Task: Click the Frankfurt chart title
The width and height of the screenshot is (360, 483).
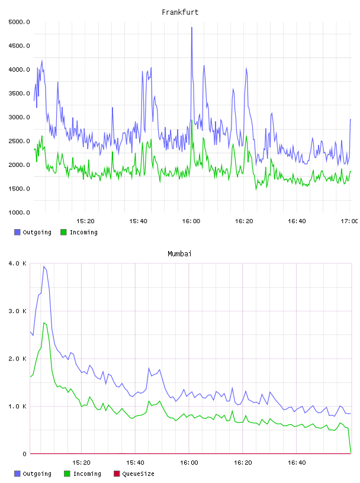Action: pos(180,12)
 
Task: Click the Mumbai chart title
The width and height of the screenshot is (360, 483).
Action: pos(179,254)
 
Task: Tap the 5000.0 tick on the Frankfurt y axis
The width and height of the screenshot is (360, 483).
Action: pos(19,22)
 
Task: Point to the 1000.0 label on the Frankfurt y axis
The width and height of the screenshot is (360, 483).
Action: pos(19,212)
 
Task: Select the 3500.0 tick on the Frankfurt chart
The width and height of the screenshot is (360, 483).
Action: pos(19,94)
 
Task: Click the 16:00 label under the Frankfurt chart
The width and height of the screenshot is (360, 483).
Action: pos(191,221)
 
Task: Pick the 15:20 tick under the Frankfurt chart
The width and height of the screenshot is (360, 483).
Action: pos(85,221)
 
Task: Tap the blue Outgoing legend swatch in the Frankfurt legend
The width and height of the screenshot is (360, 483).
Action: pos(17,232)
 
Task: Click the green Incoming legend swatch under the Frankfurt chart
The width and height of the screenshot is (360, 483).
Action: pos(63,232)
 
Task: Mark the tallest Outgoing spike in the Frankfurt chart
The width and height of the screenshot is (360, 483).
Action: pos(192,27)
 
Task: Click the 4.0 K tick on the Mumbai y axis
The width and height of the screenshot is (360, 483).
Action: pos(18,263)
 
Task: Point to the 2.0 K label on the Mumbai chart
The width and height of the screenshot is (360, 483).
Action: pos(18,359)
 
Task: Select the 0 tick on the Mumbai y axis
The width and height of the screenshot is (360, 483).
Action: pos(24,454)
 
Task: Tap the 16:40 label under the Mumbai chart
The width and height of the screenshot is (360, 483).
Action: pos(297,463)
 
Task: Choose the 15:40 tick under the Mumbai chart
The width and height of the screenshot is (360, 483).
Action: pos(135,463)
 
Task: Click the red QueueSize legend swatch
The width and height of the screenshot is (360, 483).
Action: pos(117,474)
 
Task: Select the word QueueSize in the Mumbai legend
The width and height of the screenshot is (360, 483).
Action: pos(138,474)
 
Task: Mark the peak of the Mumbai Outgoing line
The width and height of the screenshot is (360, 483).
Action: pos(44,266)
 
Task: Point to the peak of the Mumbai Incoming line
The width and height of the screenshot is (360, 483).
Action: pos(44,323)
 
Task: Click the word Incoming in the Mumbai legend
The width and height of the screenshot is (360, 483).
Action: pos(87,474)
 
